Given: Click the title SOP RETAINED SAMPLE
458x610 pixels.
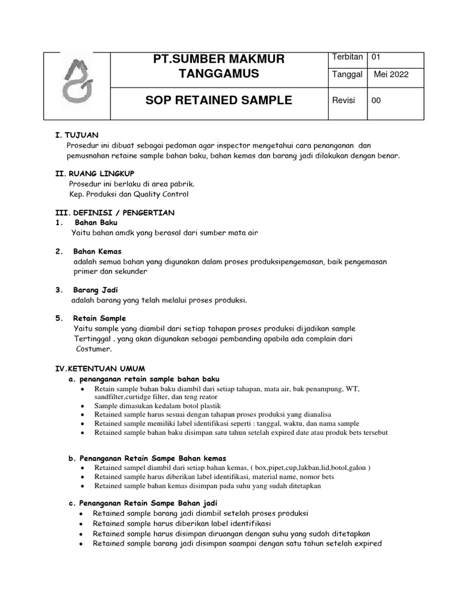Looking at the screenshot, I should (219, 101).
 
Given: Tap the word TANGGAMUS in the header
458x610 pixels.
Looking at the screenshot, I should (219, 74).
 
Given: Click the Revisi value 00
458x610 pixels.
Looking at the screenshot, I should (376, 101).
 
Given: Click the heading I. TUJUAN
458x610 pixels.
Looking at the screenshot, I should (76, 135).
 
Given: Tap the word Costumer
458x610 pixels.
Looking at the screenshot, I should (94, 348).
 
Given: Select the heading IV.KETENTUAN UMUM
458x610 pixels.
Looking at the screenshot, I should (100, 369).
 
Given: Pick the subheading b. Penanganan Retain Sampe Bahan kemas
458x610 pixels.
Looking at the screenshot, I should (147, 458).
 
